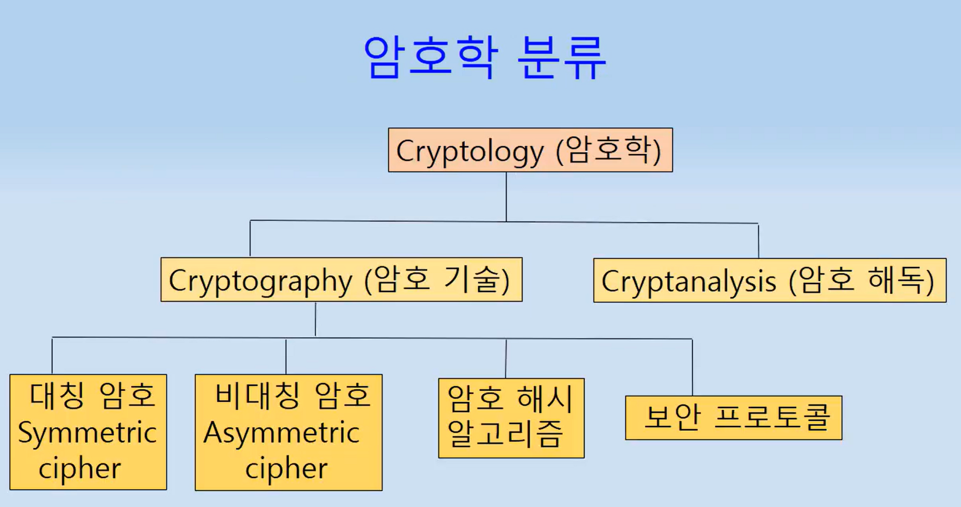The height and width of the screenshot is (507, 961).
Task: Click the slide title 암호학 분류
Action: tap(484, 58)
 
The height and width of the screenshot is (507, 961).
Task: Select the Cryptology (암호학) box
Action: tap(530, 150)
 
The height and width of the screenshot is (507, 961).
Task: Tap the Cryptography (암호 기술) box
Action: tap(341, 280)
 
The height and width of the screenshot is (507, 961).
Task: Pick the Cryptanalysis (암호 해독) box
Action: tap(769, 281)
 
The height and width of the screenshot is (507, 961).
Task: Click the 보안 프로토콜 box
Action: tap(733, 418)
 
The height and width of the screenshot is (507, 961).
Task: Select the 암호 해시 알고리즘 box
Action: tap(511, 418)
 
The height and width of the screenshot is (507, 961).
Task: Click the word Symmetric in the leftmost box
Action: tap(87, 433)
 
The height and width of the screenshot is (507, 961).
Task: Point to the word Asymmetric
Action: tap(282, 433)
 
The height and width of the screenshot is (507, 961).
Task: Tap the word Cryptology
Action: tap(469, 152)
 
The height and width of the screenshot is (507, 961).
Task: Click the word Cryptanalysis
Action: tap(688, 282)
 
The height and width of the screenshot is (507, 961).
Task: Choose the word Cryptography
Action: tap(260, 281)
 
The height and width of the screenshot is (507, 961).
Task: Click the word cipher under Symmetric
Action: tap(80, 469)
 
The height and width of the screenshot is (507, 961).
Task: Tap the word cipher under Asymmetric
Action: tap(286, 469)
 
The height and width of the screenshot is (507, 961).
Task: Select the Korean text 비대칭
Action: tap(258, 396)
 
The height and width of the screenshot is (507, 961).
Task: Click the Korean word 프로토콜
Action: tap(772, 417)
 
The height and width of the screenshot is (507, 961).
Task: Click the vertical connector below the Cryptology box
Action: tap(506, 197)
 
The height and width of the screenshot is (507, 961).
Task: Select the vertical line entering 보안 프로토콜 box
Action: tap(692, 367)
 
